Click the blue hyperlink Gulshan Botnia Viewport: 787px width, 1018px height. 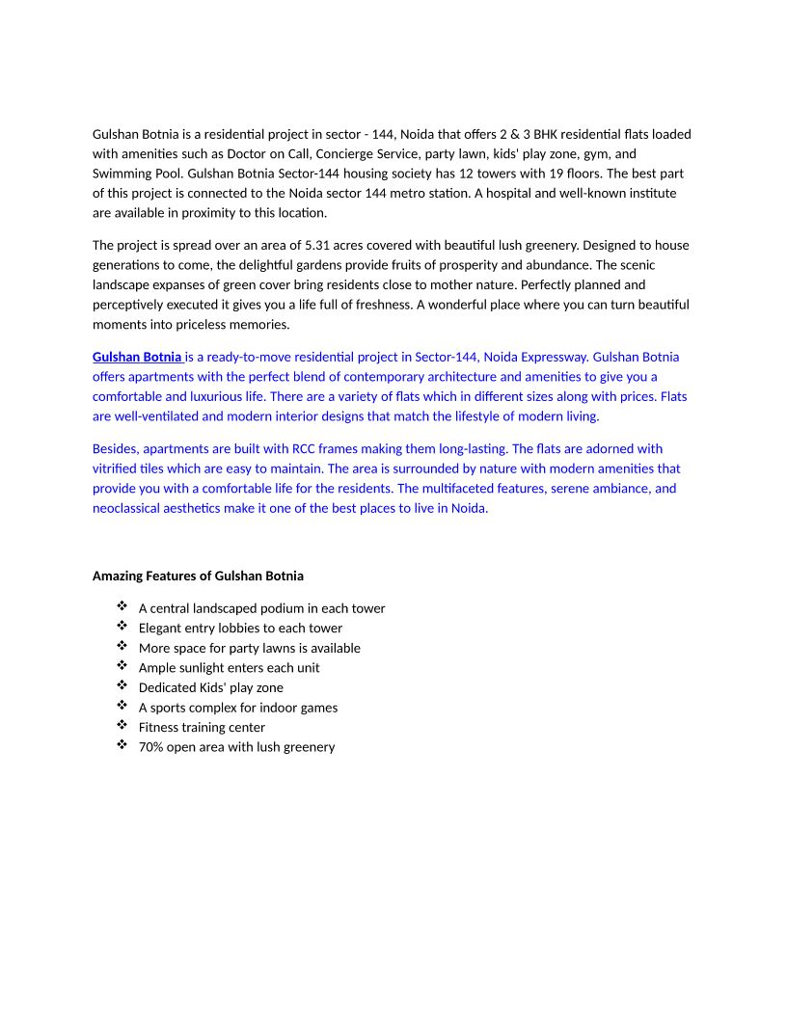[x=136, y=357]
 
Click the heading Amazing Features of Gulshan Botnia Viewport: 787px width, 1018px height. [x=198, y=576]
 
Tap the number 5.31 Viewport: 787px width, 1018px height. [x=371, y=245]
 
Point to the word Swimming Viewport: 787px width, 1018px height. [x=120, y=174]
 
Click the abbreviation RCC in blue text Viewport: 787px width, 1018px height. [x=305, y=448]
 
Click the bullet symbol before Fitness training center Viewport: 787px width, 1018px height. [x=122, y=726]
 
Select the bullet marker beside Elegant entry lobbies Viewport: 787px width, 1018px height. [x=122, y=627]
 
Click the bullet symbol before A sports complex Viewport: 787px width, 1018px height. [x=122, y=706]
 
